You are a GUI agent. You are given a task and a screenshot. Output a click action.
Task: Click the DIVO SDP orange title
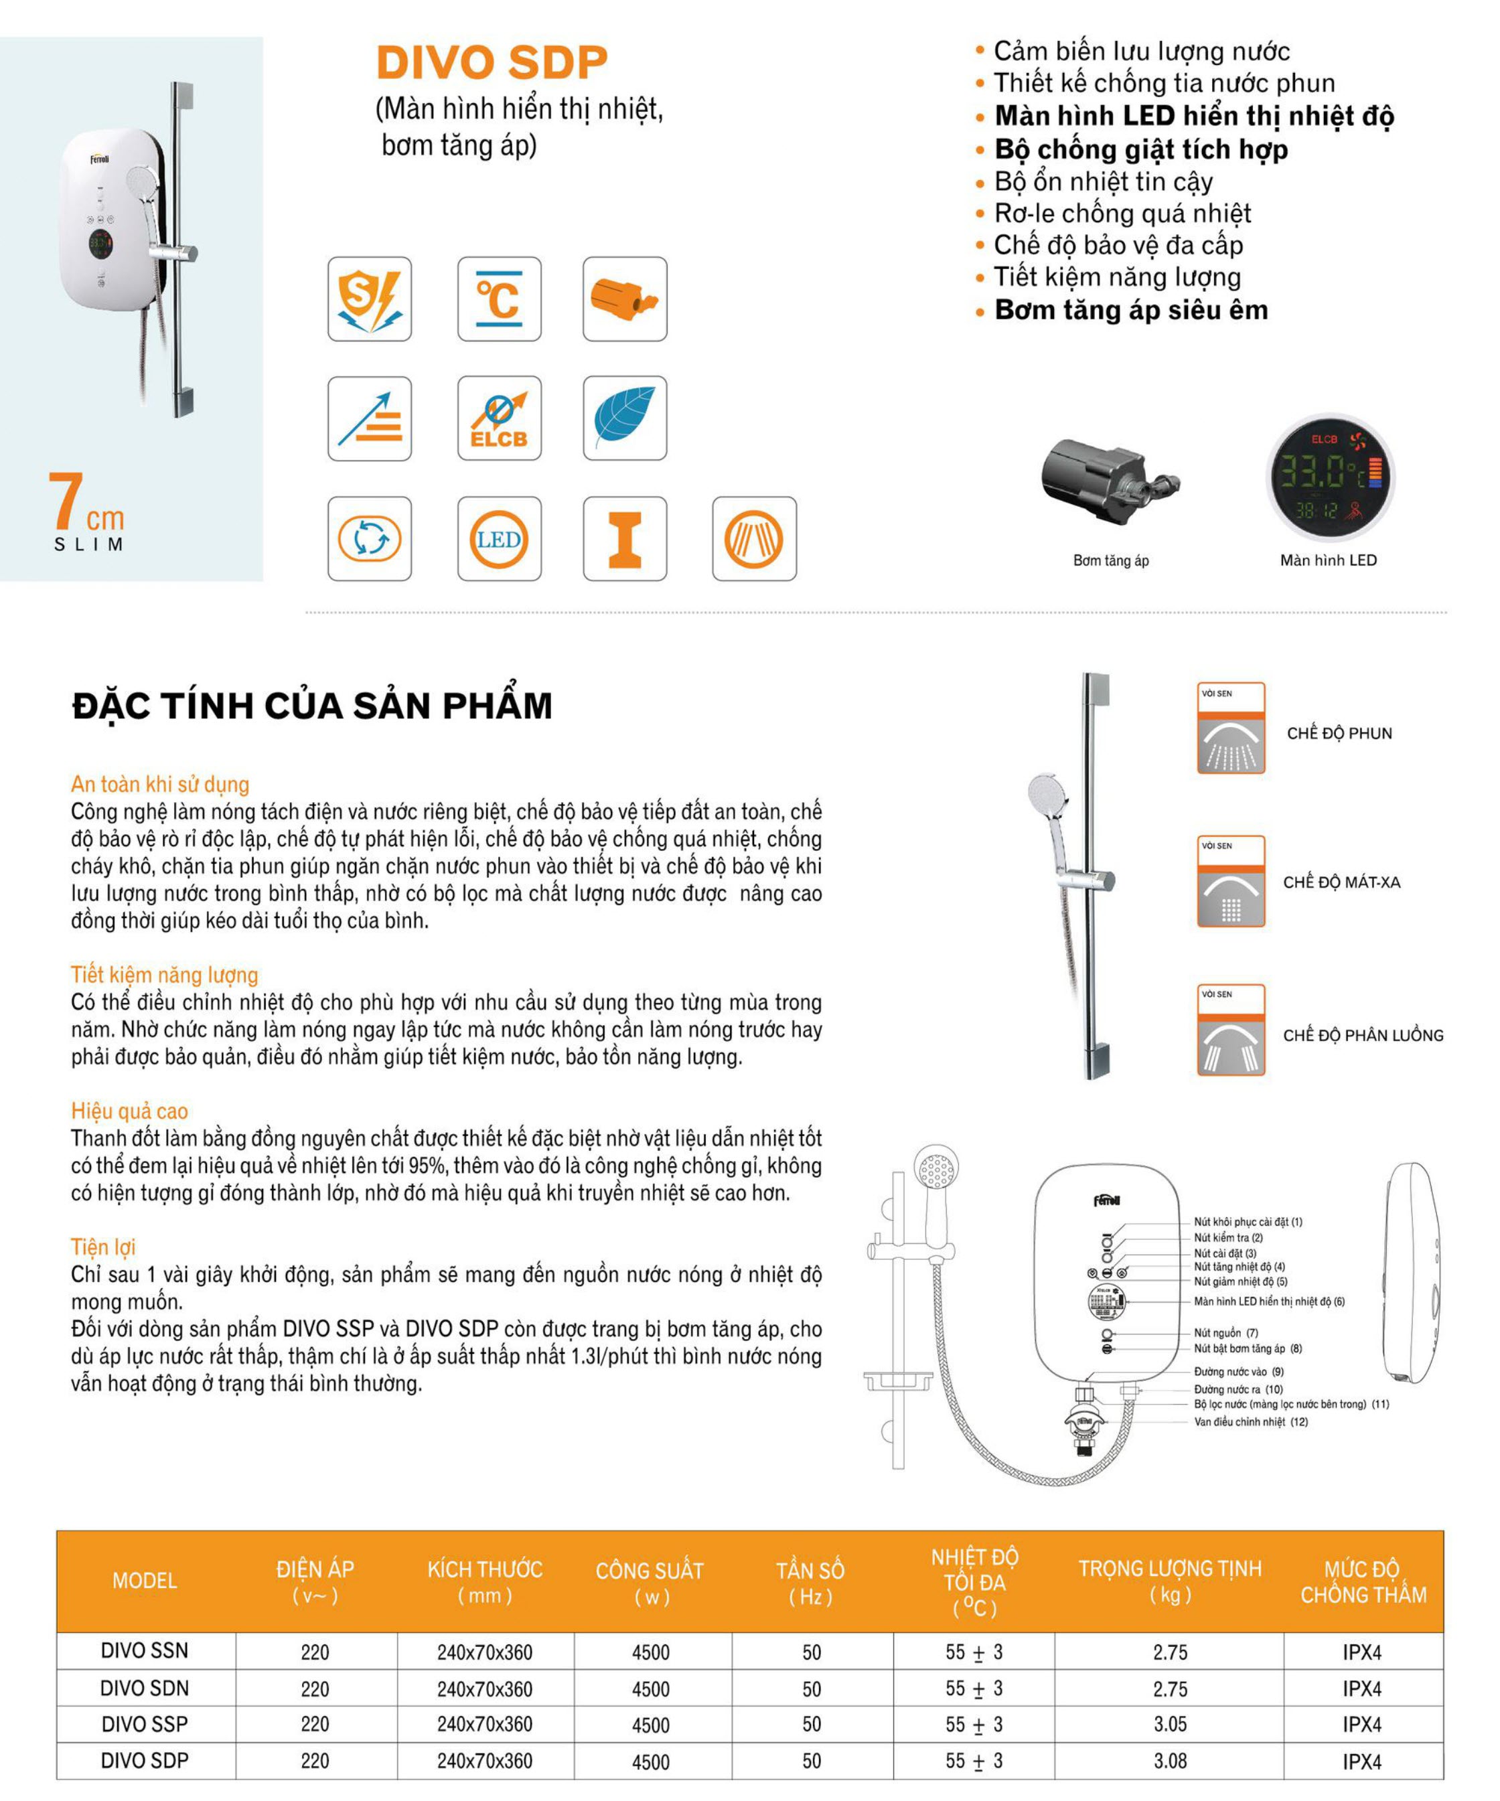[x=492, y=63]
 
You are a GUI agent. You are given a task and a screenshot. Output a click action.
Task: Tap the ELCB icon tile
[x=499, y=418]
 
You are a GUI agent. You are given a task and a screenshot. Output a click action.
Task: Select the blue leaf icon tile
[x=624, y=418]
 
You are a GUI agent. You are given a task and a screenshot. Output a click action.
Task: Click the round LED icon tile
[x=499, y=538]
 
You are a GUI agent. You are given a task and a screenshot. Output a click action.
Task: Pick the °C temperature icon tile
[x=499, y=299]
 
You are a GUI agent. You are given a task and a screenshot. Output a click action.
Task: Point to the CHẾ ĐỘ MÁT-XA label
[x=1341, y=882]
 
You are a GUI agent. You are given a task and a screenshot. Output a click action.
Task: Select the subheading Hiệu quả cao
[x=129, y=1111]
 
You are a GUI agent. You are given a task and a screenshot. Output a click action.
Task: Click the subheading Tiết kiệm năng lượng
[x=164, y=975]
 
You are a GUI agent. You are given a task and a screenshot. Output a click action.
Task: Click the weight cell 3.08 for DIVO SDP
[x=1170, y=1761]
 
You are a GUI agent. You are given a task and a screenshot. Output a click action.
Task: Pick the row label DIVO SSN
[x=144, y=1651]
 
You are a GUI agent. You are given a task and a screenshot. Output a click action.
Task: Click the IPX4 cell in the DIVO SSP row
[x=1362, y=1725]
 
